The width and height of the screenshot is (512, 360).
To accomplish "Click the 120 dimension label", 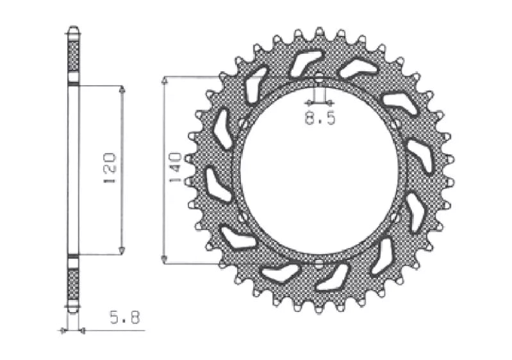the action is (110, 168).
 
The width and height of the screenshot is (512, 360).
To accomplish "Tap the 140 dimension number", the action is (176, 167).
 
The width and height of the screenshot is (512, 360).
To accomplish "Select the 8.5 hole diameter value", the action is (320, 118).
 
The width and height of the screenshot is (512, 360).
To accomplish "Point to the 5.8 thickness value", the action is (125, 317).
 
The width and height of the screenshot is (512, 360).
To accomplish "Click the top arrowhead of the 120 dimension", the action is (122, 89).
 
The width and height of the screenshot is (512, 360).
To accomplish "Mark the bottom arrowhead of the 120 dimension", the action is (122, 250).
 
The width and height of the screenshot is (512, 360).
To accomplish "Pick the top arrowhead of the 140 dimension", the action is (165, 81).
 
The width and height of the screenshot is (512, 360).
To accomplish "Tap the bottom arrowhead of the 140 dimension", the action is (165, 259).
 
